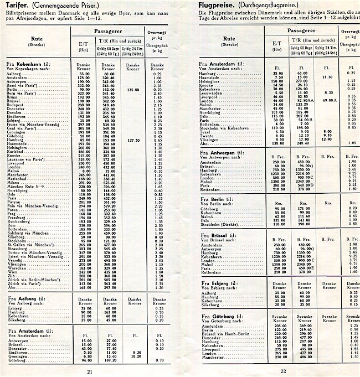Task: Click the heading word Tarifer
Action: (x=16, y=5)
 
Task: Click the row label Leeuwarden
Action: (x=213, y=94)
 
